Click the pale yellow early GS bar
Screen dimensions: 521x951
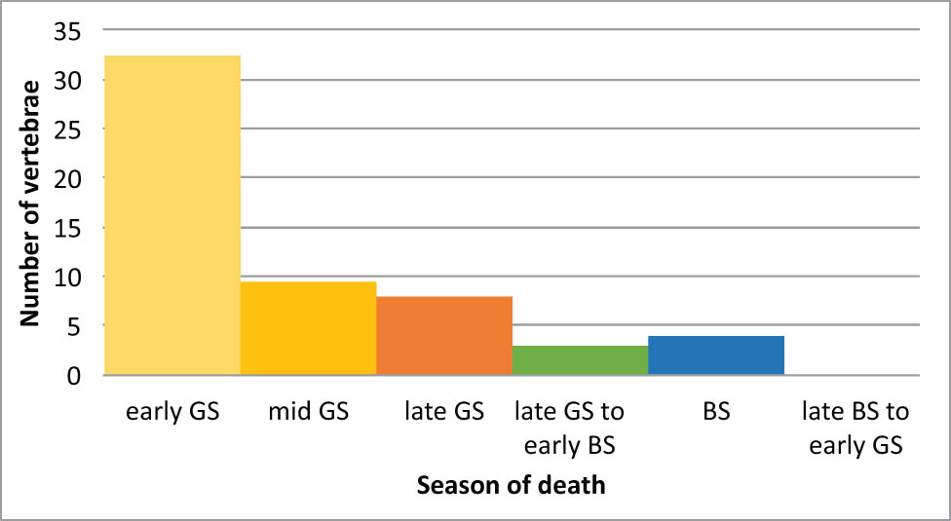pyautogui.click(x=172, y=214)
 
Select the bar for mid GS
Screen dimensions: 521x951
pyautogui.click(x=308, y=328)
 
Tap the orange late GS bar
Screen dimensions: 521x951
pyautogui.click(x=444, y=336)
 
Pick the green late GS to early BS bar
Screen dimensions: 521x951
pyautogui.click(x=580, y=360)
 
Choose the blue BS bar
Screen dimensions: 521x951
pyautogui.click(x=716, y=355)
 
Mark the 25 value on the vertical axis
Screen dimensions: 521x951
pyautogui.click(x=67, y=130)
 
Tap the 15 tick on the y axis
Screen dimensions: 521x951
pyautogui.click(x=67, y=228)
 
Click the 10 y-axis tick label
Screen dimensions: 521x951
pyautogui.click(x=67, y=277)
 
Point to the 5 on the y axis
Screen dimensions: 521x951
pyautogui.click(x=74, y=326)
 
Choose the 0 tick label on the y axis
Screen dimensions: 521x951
pyautogui.click(x=74, y=375)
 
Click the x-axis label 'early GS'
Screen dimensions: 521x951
pyautogui.click(x=172, y=412)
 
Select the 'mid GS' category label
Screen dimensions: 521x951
pyautogui.click(x=308, y=412)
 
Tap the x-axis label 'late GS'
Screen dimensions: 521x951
pyautogui.click(x=444, y=412)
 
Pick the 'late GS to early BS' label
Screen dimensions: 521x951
pyautogui.click(x=570, y=428)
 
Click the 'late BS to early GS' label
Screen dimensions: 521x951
pyautogui.click(x=856, y=428)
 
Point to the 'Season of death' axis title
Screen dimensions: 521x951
pyautogui.click(x=511, y=485)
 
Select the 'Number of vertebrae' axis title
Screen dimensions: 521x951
pyautogui.click(x=29, y=204)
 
